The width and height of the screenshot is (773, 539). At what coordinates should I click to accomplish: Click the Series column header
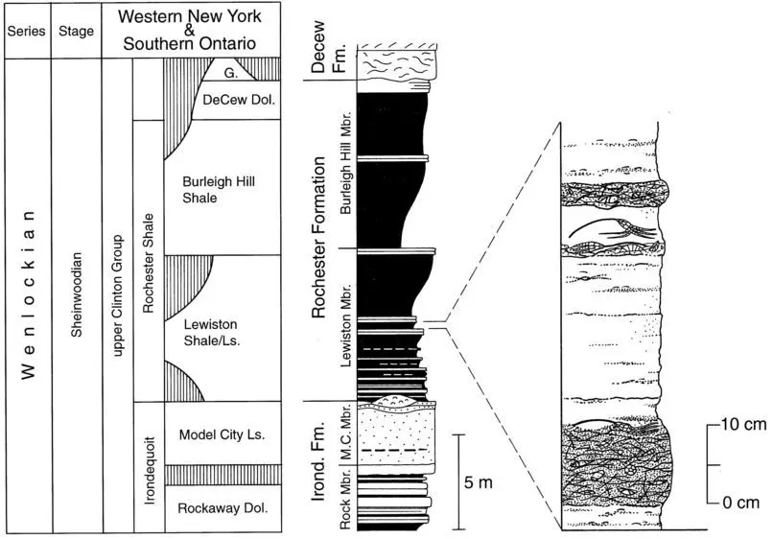(x=27, y=32)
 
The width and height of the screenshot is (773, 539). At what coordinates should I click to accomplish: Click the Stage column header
(x=76, y=32)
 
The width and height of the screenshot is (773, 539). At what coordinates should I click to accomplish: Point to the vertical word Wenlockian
(x=28, y=293)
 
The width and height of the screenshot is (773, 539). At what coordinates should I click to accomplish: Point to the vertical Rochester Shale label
(x=148, y=262)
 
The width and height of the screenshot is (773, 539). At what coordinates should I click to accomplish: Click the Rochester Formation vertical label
(x=322, y=240)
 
